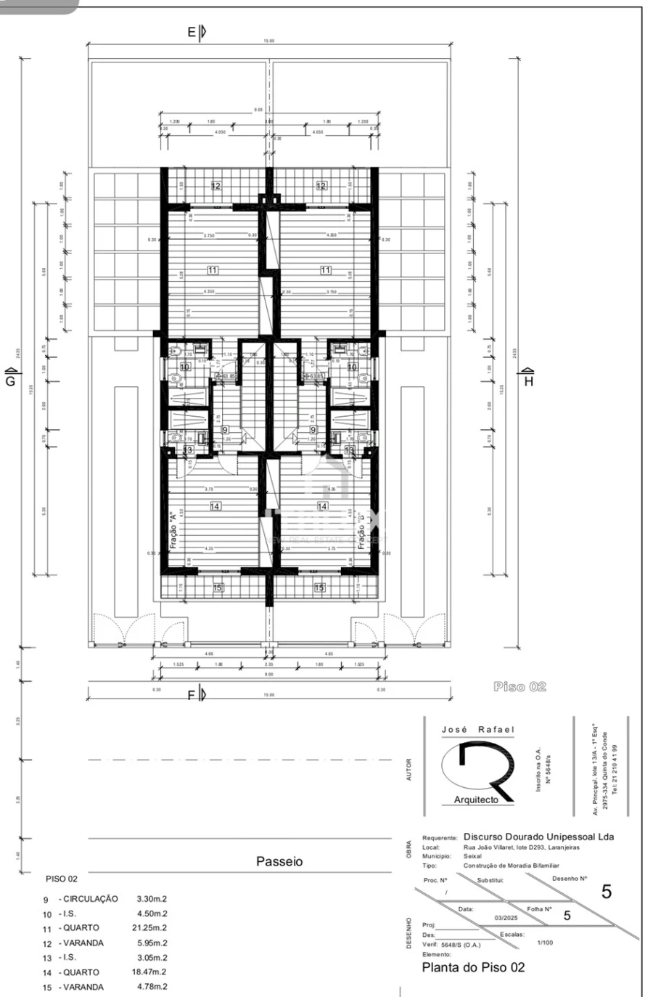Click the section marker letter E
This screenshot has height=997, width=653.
(x=192, y=32)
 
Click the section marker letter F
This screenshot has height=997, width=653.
(x=192, y=695)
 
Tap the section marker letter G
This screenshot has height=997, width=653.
(x=10, y=381)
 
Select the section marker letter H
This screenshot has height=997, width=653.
(x=528, y=381)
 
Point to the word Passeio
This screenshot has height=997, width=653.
(x=279, y=862)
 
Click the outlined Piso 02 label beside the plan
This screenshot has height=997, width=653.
(x=519, y=687)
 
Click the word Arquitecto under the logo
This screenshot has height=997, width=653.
(x=476, y=799)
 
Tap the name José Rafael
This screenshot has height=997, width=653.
(x=477, y=730)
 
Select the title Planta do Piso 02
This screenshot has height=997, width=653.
(x=473, y=967)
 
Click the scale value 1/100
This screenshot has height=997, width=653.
(x=544, y=943)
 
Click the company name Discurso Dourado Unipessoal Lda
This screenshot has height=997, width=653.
(x=538, y=837)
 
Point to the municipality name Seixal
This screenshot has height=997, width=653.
(x=472, y=856)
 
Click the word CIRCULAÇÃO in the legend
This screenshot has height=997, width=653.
(x=91, y=899)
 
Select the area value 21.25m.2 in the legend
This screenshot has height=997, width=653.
(x=152, y=928)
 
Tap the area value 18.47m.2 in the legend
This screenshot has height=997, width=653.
(x=152, y=972)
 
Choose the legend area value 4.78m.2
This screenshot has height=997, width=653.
(x=152, y=987)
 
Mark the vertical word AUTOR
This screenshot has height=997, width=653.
(x=409, y=770)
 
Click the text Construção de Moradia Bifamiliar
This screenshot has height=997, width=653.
(x=511, y=866)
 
